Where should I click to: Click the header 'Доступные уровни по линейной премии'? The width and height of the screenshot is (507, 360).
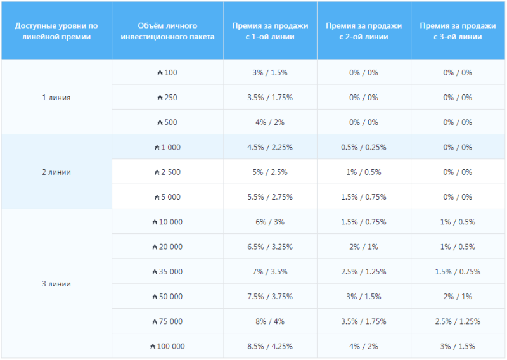56,31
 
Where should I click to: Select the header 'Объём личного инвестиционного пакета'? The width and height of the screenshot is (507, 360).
167,31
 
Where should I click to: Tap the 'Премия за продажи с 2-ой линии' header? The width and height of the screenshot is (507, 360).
364,31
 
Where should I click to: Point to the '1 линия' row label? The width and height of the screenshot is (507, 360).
56,98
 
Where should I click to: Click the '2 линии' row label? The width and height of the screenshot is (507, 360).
56,172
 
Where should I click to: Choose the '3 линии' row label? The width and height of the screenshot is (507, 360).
56,284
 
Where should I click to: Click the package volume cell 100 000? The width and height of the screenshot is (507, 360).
167,346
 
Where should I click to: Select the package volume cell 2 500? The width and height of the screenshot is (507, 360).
167,172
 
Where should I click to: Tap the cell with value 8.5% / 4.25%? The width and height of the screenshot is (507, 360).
270,346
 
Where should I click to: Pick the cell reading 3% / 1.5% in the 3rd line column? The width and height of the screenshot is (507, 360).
458,346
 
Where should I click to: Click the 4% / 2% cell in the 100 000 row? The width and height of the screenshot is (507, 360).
364,346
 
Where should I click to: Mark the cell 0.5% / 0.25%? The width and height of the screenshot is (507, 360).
364,147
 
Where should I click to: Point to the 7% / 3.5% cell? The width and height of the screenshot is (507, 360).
270,271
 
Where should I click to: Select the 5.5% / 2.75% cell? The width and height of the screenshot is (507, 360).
270,197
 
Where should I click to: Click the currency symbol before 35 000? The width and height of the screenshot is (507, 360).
155,271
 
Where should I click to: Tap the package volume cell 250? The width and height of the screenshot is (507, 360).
167,98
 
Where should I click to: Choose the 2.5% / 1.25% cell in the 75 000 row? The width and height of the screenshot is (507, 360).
458,321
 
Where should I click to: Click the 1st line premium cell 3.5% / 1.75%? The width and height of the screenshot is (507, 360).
270,98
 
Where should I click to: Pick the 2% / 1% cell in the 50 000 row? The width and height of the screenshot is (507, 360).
458,297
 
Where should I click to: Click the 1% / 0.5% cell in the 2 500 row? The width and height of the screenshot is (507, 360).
364,172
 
